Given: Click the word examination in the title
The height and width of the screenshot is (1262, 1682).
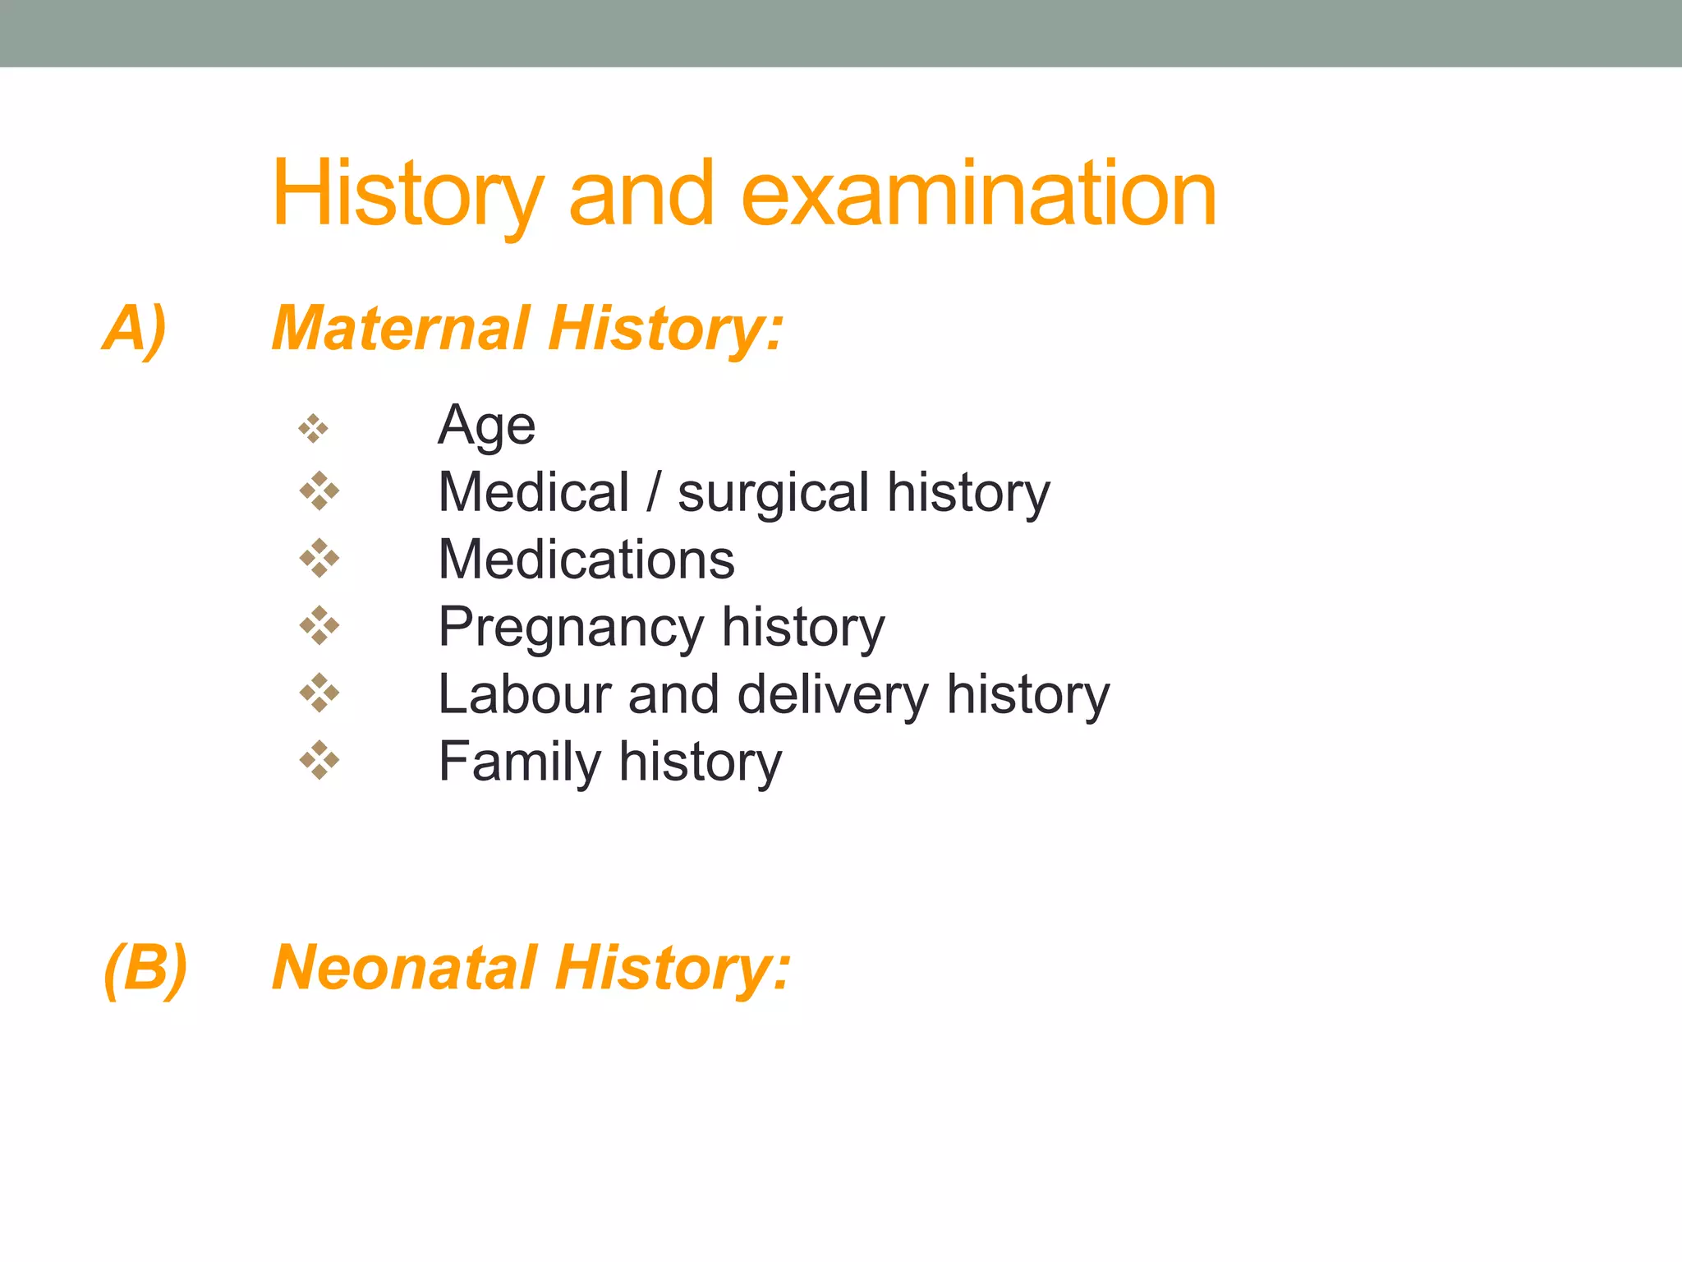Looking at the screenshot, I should point(978,194).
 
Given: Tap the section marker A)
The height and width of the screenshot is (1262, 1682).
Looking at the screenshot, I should point(135,328).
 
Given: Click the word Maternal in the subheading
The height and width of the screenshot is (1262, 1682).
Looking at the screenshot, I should point(402,328).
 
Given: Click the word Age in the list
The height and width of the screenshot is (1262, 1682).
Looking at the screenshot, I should point(486,426).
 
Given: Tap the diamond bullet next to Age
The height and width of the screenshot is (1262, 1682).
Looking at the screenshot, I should point(314,428).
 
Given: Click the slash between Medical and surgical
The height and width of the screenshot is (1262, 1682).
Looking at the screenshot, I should point(653,493).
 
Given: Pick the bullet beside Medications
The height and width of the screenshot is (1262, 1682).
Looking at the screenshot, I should point(319,559).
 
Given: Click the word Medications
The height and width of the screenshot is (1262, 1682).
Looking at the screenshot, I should point(586,560).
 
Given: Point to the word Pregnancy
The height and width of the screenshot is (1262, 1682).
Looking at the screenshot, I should point(571,628).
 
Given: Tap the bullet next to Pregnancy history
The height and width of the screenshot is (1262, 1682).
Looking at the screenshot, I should point(319,626).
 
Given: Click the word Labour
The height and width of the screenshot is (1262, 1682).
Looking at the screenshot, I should point(524,694).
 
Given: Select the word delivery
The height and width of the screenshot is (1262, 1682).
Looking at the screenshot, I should point(833,694).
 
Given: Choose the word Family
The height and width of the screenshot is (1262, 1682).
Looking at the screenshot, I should point(520,762).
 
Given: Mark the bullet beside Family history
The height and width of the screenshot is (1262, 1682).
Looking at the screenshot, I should point(319,760).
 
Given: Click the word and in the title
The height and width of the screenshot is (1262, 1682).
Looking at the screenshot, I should point(641,194).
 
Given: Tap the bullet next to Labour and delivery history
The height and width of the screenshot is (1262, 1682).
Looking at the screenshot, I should point(319,693).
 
